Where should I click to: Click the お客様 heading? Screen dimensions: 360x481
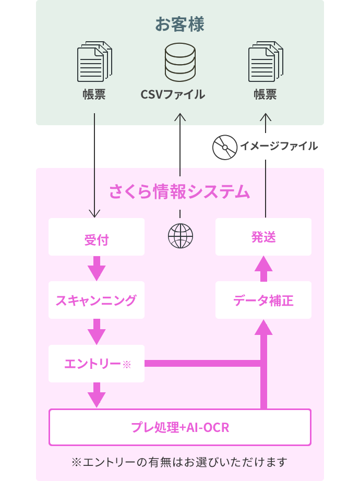tap(179, 24)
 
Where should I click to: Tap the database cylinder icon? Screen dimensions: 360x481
tap(180, 62)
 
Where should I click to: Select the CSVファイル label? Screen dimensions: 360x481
tap(173, 94)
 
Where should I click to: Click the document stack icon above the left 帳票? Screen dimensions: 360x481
tap(94, 62)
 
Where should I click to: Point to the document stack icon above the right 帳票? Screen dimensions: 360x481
tap(266, 62)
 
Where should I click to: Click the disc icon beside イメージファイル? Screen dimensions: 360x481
tap(225, 147)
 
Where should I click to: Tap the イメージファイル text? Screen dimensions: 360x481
tap(279, 146)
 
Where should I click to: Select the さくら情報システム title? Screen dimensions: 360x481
tap(179, 192)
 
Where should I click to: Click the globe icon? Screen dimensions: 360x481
tap(181, 236)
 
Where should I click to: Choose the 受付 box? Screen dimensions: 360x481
tap(97, 237)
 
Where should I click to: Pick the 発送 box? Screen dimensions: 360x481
tap(263, 237)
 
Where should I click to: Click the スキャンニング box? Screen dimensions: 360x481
tap(97, 300)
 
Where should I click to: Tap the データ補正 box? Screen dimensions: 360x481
tap(263, 300)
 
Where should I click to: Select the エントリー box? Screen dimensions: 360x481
tap(97, 364)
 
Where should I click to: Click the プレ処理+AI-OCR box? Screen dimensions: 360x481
tap(180, 427)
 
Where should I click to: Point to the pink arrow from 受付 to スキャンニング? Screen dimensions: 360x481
tap(97, 268)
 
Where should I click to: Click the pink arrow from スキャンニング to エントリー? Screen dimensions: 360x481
tap(97, 332)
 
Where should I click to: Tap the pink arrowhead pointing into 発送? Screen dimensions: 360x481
tap(263, 264)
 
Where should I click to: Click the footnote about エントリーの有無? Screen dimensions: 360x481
tap(179, 462)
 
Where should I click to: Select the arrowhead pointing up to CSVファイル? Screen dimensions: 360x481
tap(180, 117)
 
